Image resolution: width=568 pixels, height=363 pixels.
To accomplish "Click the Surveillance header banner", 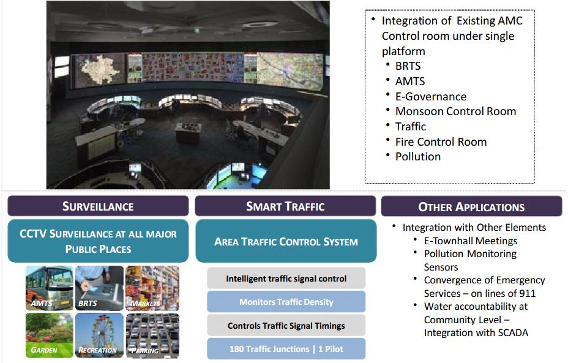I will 98,206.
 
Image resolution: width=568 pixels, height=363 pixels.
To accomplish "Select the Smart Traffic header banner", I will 285,206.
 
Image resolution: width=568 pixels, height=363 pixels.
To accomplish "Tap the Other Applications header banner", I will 471,207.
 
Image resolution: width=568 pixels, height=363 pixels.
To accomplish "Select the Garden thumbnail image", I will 49,335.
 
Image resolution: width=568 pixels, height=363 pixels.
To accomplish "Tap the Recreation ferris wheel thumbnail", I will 99,335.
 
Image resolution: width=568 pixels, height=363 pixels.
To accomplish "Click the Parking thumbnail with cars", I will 152,335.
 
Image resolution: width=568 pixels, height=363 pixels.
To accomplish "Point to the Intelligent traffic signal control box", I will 286,279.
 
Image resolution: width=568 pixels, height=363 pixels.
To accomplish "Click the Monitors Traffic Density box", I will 286,302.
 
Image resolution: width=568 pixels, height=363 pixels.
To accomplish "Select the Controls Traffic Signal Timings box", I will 286,326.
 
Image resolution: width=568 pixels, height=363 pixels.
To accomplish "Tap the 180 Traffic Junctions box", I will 286,349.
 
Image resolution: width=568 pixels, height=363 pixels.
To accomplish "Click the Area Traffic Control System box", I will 286,241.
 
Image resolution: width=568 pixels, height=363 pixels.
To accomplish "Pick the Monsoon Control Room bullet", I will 455,111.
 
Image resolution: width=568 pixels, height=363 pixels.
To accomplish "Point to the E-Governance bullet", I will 430,97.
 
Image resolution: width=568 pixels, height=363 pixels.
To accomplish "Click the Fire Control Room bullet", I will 441,142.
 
